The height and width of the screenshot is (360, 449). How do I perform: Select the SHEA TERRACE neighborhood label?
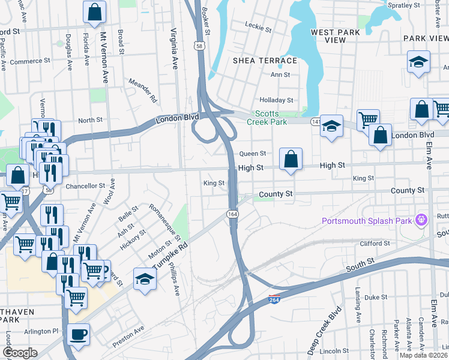point(265,61)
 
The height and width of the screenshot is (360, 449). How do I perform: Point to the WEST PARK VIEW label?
point(328,35)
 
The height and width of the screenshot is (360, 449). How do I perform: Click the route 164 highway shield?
point(231,214)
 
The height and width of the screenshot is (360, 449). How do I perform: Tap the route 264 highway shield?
point(275,299)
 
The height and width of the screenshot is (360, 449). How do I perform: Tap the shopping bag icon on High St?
point(291,160)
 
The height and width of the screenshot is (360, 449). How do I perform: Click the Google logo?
point(20,352)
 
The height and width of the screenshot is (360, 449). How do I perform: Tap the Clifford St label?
point(375,244)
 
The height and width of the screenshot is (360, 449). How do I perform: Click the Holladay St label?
point(276,100)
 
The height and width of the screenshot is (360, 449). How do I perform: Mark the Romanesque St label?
point(160,221)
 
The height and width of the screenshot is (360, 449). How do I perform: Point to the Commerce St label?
point(29,61)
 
